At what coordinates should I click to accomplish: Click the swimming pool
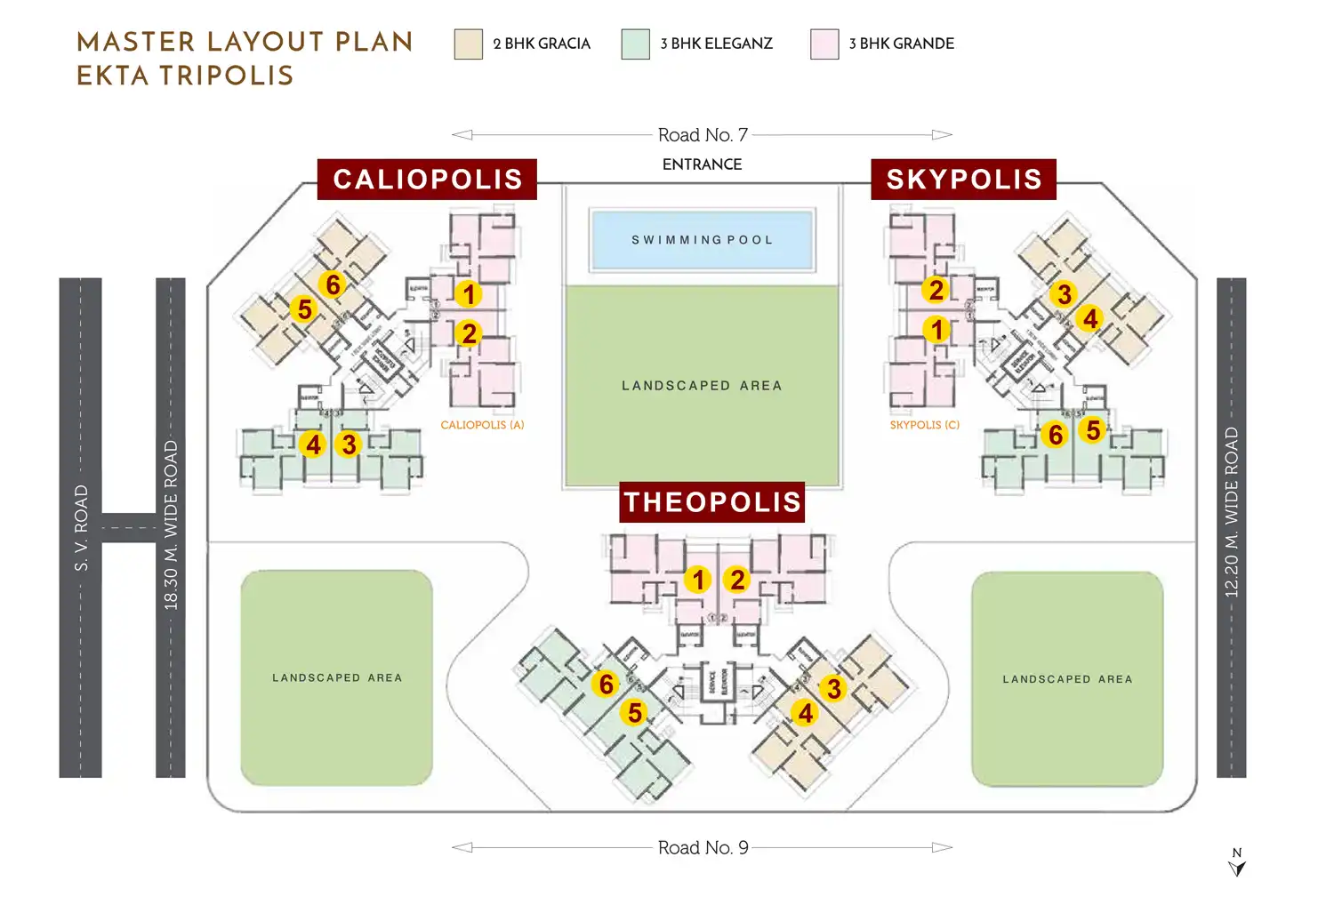tap(702, 239)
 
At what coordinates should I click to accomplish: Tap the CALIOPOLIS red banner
tap(427, 179)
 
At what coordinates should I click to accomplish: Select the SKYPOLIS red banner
tap(963, 179)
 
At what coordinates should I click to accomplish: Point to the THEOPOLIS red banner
tap(711, 502)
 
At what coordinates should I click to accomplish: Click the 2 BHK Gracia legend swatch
tap(468, 44)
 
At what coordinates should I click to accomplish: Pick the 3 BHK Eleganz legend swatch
tap(635, 44)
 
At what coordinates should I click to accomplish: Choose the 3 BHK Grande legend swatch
tap(824, 44)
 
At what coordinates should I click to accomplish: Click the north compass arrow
tap(1237, 866)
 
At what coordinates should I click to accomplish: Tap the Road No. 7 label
tap(703, 135)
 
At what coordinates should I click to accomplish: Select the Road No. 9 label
tap(703, 848)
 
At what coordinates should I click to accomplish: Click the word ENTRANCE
tap(702, 164)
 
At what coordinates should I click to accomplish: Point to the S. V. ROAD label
tap(81, 527)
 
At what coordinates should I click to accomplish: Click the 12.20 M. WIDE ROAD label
tap(1232, 512)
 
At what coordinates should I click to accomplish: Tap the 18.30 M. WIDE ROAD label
tap(171, 525)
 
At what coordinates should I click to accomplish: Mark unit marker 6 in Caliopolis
tap(333, 284)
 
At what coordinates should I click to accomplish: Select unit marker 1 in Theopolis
tap(698, 580)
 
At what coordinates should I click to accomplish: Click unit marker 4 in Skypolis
tap(1090, 318)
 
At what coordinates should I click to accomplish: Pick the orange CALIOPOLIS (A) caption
tap(482, 425)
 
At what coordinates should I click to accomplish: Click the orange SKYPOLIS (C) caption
tap(925, 425)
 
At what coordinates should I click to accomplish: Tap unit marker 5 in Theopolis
tap(635, 712)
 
